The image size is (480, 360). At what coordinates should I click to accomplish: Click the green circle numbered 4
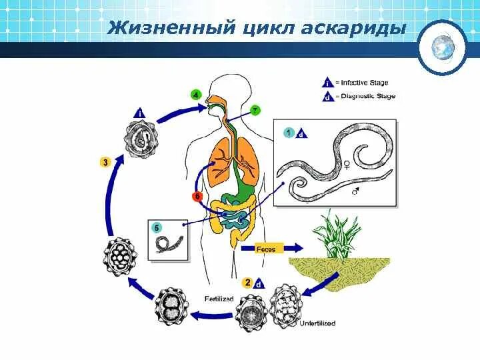point(195,94)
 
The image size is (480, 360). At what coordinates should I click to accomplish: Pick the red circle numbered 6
point(197,197)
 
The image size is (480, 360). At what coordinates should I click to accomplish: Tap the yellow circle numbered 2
point(247,283)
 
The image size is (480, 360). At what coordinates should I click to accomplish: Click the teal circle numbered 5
point(157,227)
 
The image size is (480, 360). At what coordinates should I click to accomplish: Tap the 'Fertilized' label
point(219,299)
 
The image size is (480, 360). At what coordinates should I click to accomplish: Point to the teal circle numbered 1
point(289,131)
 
